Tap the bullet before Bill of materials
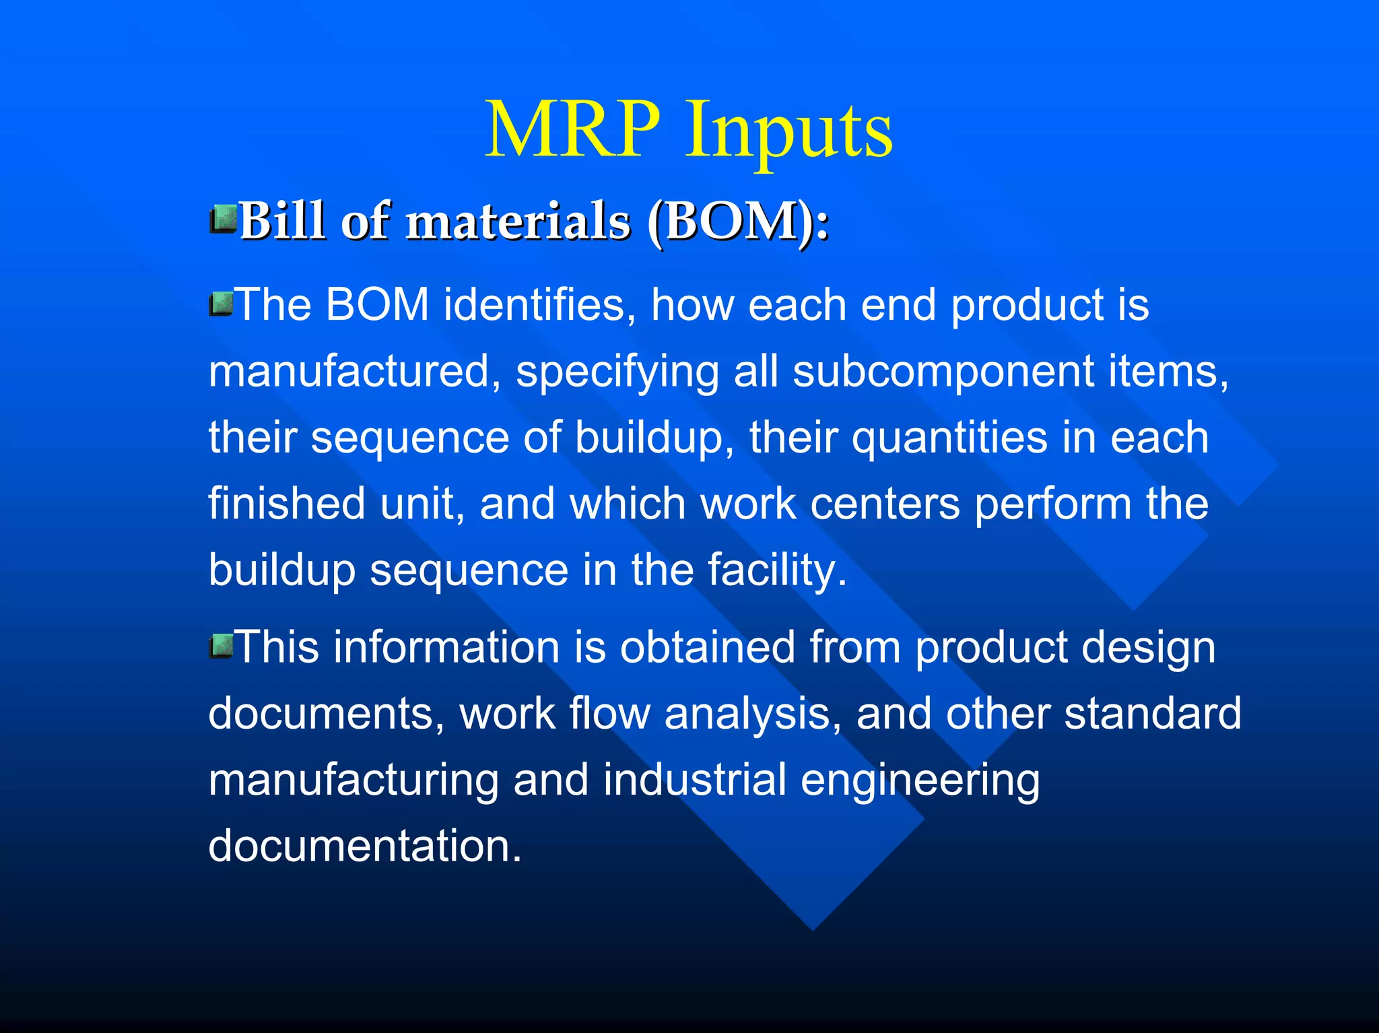coord(223,219)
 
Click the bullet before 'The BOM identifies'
coord(220,304)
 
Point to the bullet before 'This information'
coord(220,646)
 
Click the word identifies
coord(539,305)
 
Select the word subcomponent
coord(943,372)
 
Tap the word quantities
coord(949,438)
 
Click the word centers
coord(885,504)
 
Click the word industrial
coord(694,780)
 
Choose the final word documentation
coord(364,846)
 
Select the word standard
coord(1152,714)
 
